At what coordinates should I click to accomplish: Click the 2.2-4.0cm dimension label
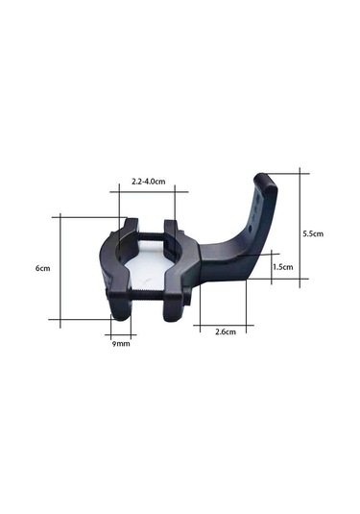click(148, 181)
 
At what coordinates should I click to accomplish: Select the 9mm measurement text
click(121, 343)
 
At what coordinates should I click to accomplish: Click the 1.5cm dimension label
click(283, 266)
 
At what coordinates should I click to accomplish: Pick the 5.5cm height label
click(313, 233)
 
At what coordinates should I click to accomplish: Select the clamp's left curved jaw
click(107, 269)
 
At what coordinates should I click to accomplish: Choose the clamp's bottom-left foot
click(121, 308)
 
